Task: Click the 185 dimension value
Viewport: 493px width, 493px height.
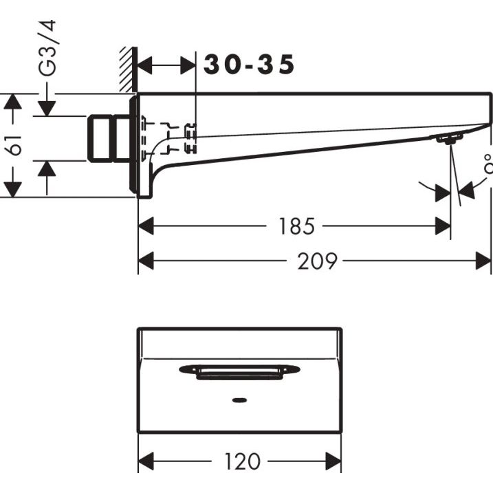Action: click(x=297, y=226)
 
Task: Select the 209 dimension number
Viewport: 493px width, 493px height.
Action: click(x=317, y=261)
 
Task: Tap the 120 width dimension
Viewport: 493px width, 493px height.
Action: click(x=243, y=461)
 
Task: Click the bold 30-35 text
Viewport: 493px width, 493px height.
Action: click(x=249, y=65)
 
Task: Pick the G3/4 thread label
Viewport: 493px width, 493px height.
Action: click(x=47, y=48)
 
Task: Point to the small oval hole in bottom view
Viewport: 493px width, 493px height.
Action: click(x=239, y=399)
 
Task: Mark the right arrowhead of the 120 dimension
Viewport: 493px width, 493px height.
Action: click(x=334, y=461)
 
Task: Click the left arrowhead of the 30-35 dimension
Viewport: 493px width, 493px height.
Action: click(x=146, y=66)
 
